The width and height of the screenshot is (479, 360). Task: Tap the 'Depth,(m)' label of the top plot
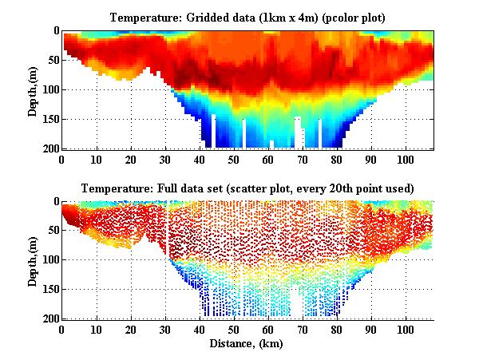(x=33, y=89)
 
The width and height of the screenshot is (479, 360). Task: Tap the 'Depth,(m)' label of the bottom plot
(x=33, y=260)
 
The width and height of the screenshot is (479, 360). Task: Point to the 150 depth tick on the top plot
(x=49, y=119)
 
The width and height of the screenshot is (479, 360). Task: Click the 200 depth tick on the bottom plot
(x=49, y=318)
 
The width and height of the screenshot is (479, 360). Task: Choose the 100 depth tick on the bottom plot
(x=49, y=260)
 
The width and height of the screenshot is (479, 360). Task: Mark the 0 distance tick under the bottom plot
(x=61, y=329)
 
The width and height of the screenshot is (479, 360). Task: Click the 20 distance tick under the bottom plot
(x=130, y=329)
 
